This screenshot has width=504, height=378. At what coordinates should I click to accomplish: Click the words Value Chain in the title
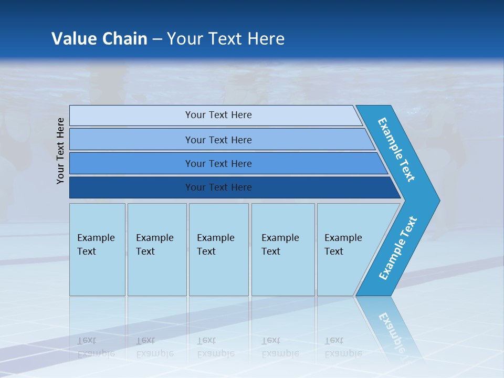(99, 39)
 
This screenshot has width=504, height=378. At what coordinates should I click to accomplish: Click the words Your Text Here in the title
(226, 39)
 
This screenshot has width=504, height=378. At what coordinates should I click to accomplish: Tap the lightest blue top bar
(218, 115)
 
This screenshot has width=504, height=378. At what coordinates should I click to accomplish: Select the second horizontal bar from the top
(218, 140)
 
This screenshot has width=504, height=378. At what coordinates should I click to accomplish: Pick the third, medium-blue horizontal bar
(218, 163)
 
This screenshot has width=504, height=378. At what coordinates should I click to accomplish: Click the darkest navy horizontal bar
(218, 187)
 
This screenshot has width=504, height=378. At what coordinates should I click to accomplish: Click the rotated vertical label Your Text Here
(60, 151)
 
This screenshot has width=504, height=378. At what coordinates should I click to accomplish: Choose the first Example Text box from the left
(97, 249)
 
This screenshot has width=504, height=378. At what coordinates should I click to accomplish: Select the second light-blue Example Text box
(156, 249)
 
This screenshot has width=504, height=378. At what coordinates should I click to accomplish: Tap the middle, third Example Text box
(218, 249)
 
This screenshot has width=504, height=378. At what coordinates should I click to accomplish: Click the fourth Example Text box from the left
(283, 249)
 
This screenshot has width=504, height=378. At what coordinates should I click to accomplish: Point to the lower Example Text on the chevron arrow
(398, 248)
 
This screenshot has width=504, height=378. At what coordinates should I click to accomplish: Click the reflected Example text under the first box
(96, 353)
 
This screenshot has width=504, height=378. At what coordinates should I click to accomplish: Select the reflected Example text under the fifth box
(343, 353)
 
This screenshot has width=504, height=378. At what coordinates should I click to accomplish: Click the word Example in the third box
(215, 238)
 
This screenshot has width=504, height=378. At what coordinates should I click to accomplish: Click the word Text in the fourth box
(271, 251)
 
